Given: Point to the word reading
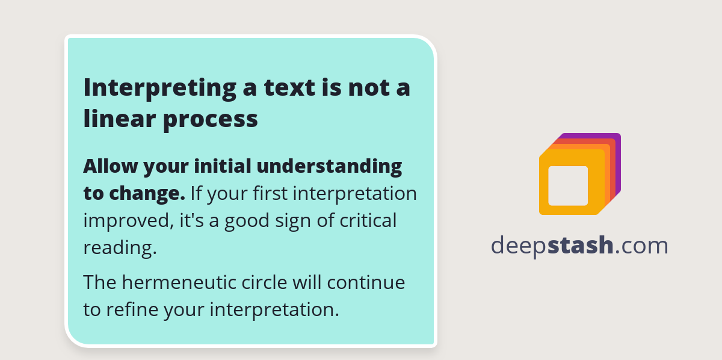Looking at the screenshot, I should coord(119,248).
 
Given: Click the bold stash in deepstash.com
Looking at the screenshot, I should coord(581,245).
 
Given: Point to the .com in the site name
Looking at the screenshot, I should coord(641,246).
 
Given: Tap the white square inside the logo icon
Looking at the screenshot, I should coord(568,185).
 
